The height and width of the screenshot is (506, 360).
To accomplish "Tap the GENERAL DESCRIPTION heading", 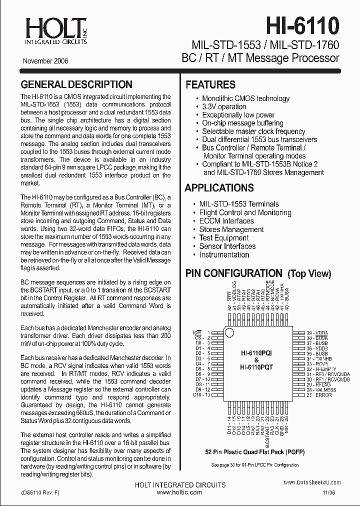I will pos(76,84).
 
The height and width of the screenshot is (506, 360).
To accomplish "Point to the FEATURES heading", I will pos(210,85).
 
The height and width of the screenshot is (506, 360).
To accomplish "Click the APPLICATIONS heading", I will pos(219,188).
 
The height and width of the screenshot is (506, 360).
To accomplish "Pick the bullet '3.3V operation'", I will pos(224,106).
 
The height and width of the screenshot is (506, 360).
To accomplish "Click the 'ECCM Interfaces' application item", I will pos(226,221).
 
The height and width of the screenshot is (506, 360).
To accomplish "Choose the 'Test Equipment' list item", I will pos(223,238).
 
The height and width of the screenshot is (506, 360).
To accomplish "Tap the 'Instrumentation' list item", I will pos(224,254).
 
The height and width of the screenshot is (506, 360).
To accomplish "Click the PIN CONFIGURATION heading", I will pos(234,273).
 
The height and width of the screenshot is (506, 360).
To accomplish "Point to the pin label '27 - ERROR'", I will pos(319,395).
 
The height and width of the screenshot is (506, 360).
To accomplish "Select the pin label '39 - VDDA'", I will pos(318,332).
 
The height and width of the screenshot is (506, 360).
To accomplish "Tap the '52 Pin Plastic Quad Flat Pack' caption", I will pos(255,451).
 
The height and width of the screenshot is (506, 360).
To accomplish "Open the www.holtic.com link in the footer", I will pos(179,492).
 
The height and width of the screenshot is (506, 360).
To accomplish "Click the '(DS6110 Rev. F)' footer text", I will pos(41,492).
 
